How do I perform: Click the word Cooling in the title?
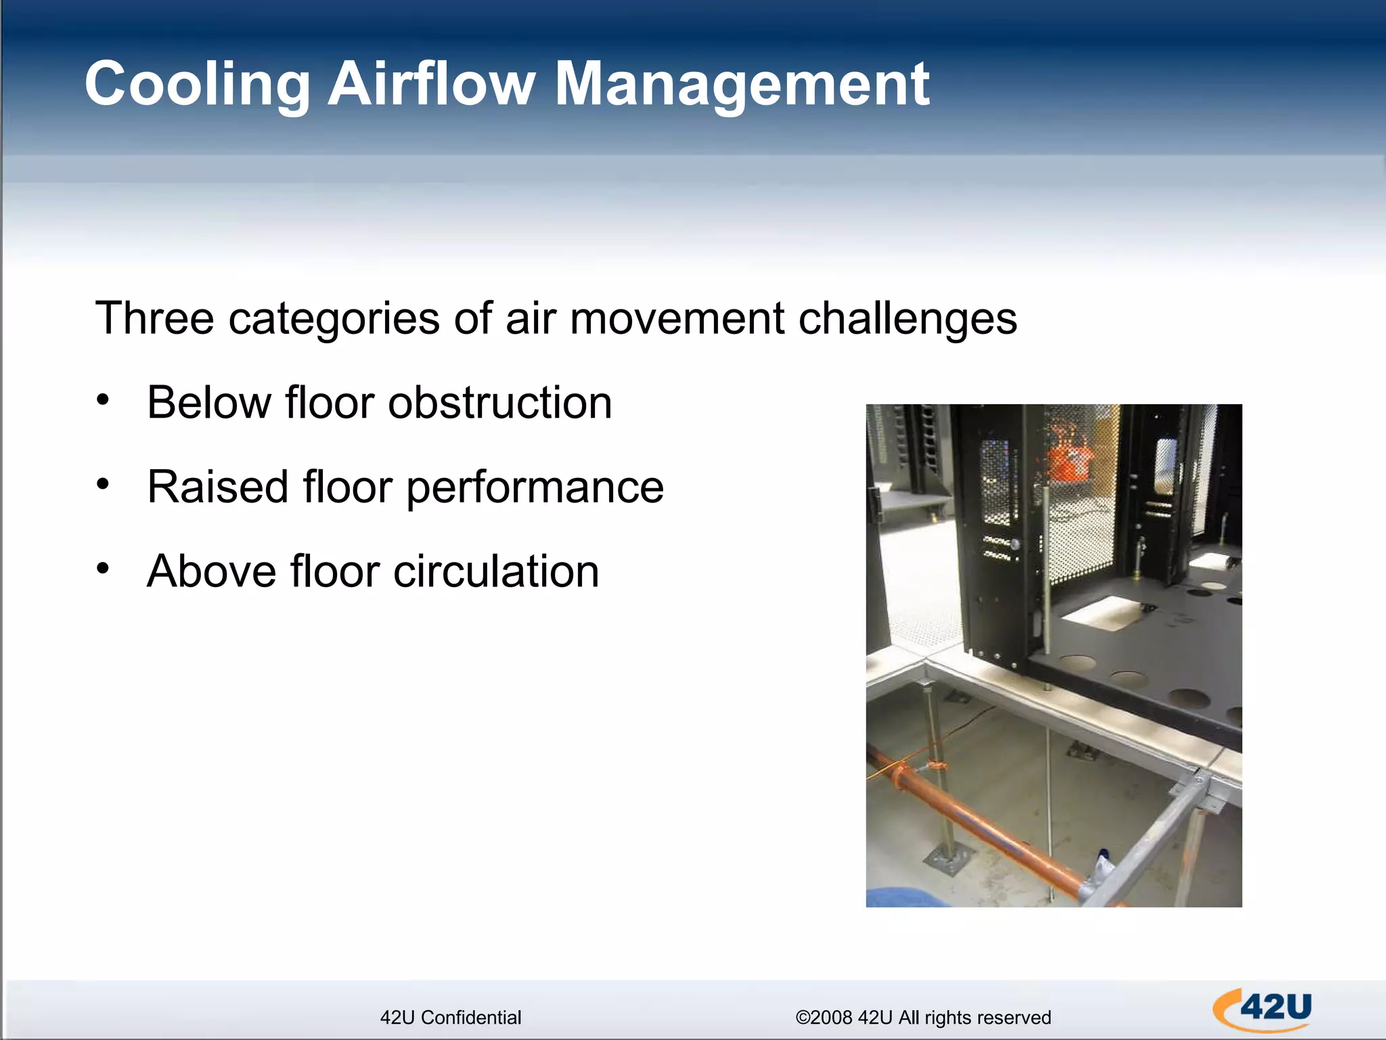point(197,85)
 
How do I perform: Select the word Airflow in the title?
point(431,85)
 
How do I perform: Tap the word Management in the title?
point(742,85)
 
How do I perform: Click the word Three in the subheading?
point(154,318)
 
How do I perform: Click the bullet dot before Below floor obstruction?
point(102,399)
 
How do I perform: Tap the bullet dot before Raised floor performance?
point(102,484)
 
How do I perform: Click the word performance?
point(535,487)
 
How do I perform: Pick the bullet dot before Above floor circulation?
point(102,568)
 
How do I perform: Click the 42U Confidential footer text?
point(451,1018)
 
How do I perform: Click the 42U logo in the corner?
point(1263,1010)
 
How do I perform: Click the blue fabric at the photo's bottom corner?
point(900,898)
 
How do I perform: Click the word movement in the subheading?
point(677,318)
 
